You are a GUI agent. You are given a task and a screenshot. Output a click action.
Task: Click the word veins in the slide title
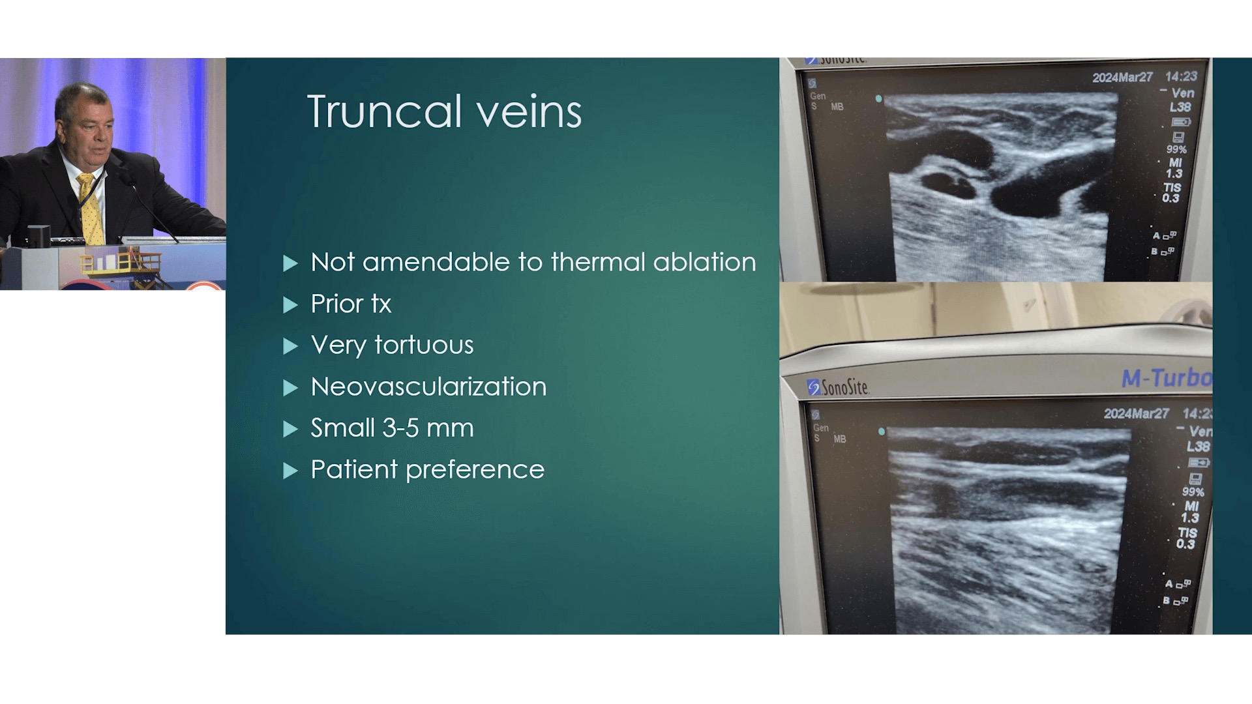click(x=529, y=111)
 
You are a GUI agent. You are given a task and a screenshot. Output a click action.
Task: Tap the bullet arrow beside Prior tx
click(x=291, y=305)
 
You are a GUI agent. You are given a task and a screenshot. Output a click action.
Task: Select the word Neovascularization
click(x=428, y=387)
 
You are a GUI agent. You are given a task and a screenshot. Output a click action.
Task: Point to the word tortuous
click(x=424, y=345)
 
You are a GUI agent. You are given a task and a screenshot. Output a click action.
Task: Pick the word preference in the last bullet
click(x=475, y=471)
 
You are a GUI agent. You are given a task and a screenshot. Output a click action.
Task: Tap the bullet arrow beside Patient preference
click(x=291, y=471)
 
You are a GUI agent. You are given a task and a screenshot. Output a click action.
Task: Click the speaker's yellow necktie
click(x=91, y=209)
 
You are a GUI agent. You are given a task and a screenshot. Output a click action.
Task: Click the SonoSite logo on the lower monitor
click(x=838, y=387)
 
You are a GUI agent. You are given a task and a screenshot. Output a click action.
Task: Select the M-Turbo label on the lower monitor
click(x=1166, y=378)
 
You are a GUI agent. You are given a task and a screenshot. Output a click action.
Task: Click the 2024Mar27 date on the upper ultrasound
click(x=1122, y=78)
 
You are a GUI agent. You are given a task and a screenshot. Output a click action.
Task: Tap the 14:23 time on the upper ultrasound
click(x=1181, y=76)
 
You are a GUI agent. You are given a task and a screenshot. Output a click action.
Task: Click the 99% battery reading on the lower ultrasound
click(x=1193, y=492)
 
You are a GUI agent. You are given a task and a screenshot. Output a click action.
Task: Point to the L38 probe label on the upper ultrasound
click(x=1180, y=107)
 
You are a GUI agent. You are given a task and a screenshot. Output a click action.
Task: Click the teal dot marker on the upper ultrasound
click(x=879, y=99)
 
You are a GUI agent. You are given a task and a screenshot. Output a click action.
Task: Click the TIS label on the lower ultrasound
click(x=1187, y=532)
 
